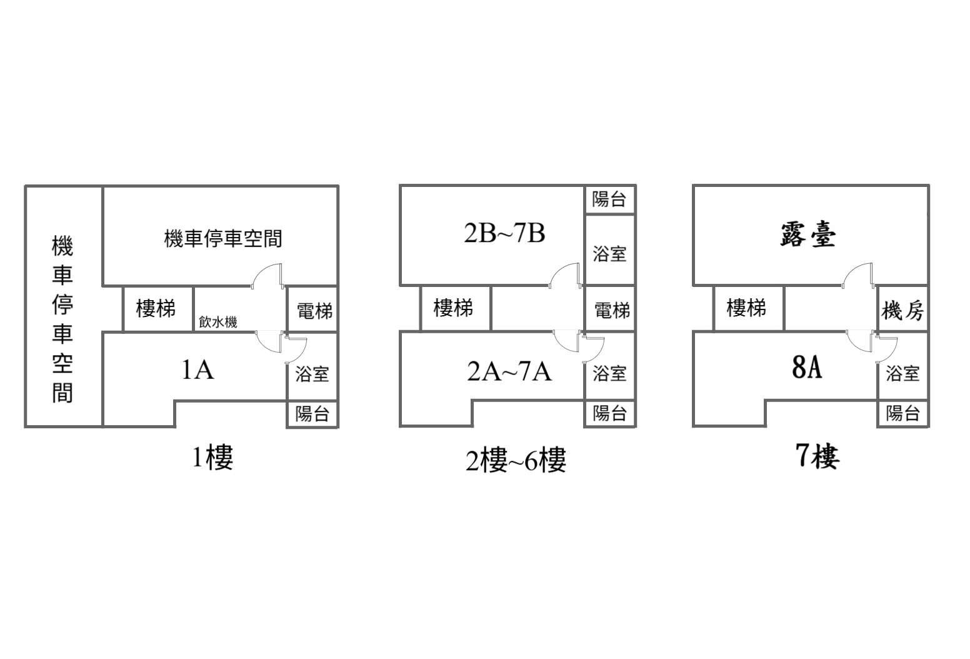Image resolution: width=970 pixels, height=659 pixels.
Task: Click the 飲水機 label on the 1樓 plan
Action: [x=218, y=322]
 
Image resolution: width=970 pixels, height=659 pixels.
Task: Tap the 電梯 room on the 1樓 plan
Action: [x=312, y=309]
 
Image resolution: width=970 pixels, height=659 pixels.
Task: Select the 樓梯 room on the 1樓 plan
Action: [x=158, y=309]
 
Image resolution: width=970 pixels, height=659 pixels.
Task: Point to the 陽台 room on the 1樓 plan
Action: [x=312, y=414]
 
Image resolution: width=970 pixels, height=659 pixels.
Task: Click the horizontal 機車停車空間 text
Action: [x=223, y=238]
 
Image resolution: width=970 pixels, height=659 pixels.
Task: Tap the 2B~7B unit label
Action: [x=504, y=233]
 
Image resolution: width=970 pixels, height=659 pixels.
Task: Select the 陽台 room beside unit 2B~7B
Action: [x=610, y=199]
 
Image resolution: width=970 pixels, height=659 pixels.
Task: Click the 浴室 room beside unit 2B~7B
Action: [x=610, y=249]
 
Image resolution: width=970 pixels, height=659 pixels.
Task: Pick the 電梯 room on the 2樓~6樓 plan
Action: [x=610, y=309]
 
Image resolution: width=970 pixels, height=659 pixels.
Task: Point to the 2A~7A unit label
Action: [x=509, y=372]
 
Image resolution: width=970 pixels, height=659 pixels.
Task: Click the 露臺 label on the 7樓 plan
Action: [x=807, y=235]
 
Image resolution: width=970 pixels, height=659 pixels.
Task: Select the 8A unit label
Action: [x=807, y=368]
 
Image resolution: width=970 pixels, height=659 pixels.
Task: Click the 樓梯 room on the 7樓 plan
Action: [x=749, y=308]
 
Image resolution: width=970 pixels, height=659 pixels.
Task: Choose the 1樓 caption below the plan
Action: [x=212, y=457]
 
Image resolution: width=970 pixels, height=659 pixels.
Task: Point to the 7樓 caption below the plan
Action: [x=818, y=456]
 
